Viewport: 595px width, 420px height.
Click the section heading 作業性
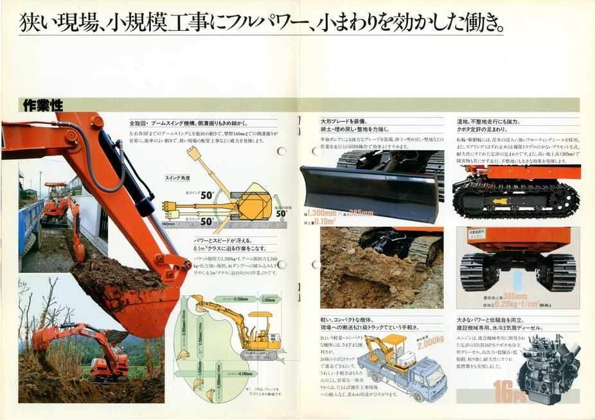pyautogui.click(x=42, y=105)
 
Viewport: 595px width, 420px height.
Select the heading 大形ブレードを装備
pyautogui.click(x=344, y=121)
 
